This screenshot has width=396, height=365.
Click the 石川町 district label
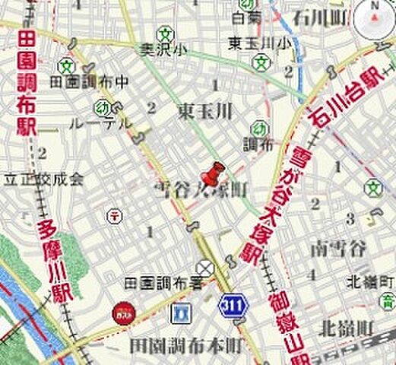318,15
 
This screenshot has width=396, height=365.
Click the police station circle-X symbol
204,268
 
